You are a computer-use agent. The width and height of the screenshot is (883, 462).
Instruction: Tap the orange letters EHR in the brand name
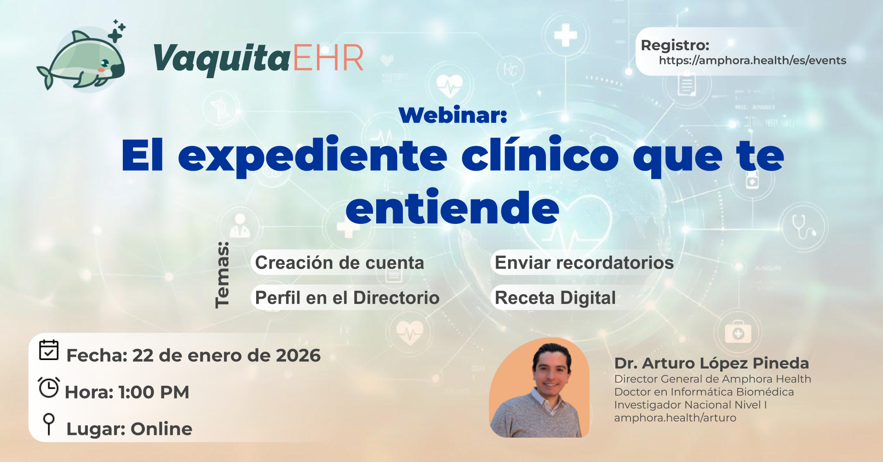[x=328, y=58]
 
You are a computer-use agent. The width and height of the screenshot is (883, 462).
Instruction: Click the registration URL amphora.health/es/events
[x=752, y=61]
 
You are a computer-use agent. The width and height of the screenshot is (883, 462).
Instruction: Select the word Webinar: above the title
[x=453, y=115]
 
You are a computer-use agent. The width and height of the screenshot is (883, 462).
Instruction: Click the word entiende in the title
[x=453, y=208]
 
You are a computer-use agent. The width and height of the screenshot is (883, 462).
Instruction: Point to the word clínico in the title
[x=540, y=155]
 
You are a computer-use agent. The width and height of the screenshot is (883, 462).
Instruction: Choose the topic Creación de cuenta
[x=339, y=263]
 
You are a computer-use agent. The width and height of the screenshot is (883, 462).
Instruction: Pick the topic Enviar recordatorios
[x=584, y=263]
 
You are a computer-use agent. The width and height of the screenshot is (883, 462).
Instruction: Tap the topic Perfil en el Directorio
[x=347, y=298]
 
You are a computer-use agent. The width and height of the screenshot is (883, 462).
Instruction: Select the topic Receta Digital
[x=555, y=298]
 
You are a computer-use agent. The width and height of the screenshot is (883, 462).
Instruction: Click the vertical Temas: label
[x=223, y=274]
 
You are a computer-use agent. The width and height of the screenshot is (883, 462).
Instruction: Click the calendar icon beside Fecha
[x=49, y=350]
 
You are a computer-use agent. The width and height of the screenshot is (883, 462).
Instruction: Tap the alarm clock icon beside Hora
[x=49, y=388]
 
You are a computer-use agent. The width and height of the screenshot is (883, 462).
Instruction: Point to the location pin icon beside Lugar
[x=49, y=423]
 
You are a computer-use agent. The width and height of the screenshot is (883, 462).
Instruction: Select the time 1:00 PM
[x=154, y=393]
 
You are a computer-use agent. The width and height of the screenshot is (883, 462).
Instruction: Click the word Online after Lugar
[x=161, y=429]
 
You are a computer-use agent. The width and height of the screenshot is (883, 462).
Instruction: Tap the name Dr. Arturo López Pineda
[x=711, y=363]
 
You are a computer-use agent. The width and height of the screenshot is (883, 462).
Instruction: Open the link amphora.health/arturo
[x=675, y=418]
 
